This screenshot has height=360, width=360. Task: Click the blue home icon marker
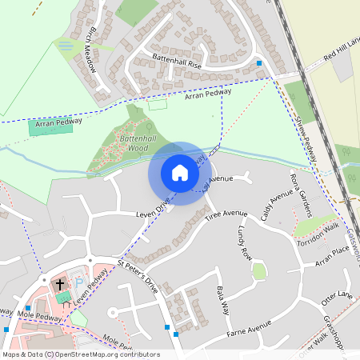[180, 173]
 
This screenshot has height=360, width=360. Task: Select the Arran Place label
[332, 255]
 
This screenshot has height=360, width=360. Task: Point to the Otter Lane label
[335, 298]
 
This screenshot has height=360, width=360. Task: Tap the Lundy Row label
[245, 243]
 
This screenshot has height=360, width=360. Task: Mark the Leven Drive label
[152, 210]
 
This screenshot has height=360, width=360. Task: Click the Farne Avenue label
[250, 329]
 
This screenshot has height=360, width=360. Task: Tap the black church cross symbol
[60, 284]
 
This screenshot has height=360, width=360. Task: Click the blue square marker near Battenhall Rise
[258, 62]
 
